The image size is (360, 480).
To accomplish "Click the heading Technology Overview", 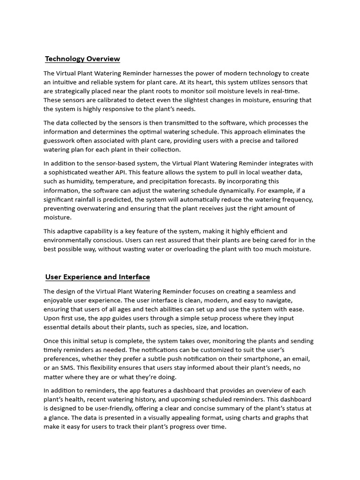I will point(82,59).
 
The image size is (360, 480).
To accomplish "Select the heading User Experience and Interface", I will point(97,277).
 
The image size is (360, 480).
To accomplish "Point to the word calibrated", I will point(106,100).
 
